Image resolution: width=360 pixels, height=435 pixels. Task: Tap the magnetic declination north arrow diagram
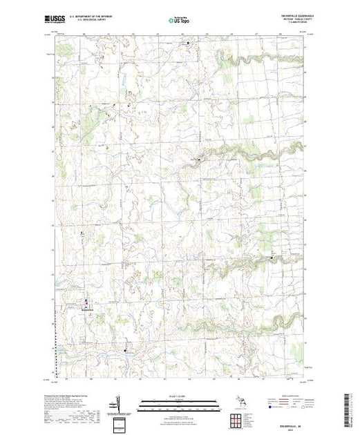[118, 403]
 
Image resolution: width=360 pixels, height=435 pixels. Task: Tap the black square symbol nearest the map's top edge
[189, 43]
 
